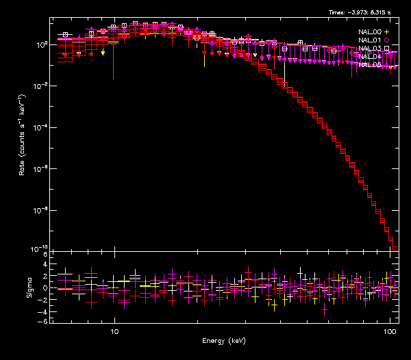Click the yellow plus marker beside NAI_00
coord(386,31)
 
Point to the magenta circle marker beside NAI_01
coord(386,40)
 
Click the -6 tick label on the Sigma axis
coord(42,322)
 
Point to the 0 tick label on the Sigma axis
coord(44,288)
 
